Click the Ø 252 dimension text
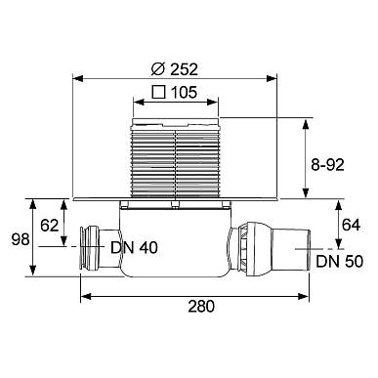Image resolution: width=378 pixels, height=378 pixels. [x=175, y=69]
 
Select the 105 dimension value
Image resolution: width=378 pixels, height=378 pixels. [x=185, y=93]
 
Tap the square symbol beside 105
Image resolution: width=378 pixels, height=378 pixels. [x=159, y=92]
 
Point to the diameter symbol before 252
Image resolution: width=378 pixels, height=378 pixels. [x=157, y=69]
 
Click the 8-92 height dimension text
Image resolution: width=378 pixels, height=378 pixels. [x=327, y=165]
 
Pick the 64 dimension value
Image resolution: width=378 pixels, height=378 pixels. [x=352, y=225]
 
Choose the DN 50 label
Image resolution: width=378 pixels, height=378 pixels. [x=340, y=261]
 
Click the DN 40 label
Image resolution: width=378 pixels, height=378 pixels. [x=134, y=247]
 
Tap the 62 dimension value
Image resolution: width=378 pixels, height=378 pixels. [x=50, y=226]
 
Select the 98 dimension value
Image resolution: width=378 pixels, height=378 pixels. [x=21, y=239]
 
